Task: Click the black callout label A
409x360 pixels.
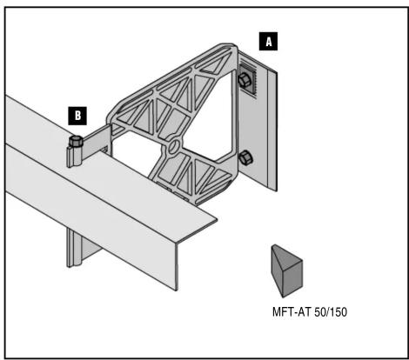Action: [x=268, y=42]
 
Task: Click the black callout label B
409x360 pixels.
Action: [x=77, y=116]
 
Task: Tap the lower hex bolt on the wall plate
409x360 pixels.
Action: [x=245, y=157]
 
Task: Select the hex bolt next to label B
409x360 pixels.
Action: [x=76, y=142]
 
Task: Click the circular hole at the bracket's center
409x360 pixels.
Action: [x=175, y=146]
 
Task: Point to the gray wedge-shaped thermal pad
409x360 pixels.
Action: [x=287, y=270]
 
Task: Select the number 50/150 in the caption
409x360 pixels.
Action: [x=331, y=312]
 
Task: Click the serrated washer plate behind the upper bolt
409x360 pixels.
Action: [x=248, y=80]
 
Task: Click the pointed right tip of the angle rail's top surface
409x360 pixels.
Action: [x=217, y=220]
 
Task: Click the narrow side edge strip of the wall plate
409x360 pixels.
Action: [x=272, y=130]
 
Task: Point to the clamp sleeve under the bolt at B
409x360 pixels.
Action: [x=74, y=157]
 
